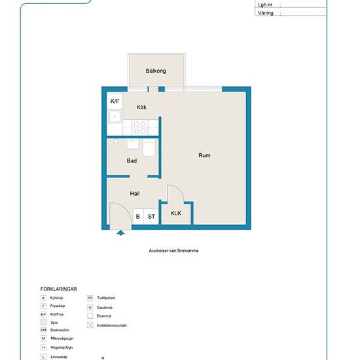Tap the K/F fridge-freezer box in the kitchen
click(x=115, y=101)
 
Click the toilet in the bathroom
click(x=149, y=148)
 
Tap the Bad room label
click(x=132, y=160)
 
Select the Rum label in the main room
click(x=204, y=155)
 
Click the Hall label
click(x=135, y=194)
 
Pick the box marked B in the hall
click(x=137, y=217)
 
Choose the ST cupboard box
click(x=151, y=217)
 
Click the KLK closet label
click(x=176, y=214)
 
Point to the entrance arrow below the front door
click(x=119, y=231)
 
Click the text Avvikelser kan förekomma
click(x=173, y=251)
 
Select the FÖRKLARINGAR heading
click(x=60, y=289)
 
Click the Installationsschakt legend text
click(x=111, y=325)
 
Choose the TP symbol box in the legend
click(x=90, y=298)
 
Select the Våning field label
click(x=266, y=12)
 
